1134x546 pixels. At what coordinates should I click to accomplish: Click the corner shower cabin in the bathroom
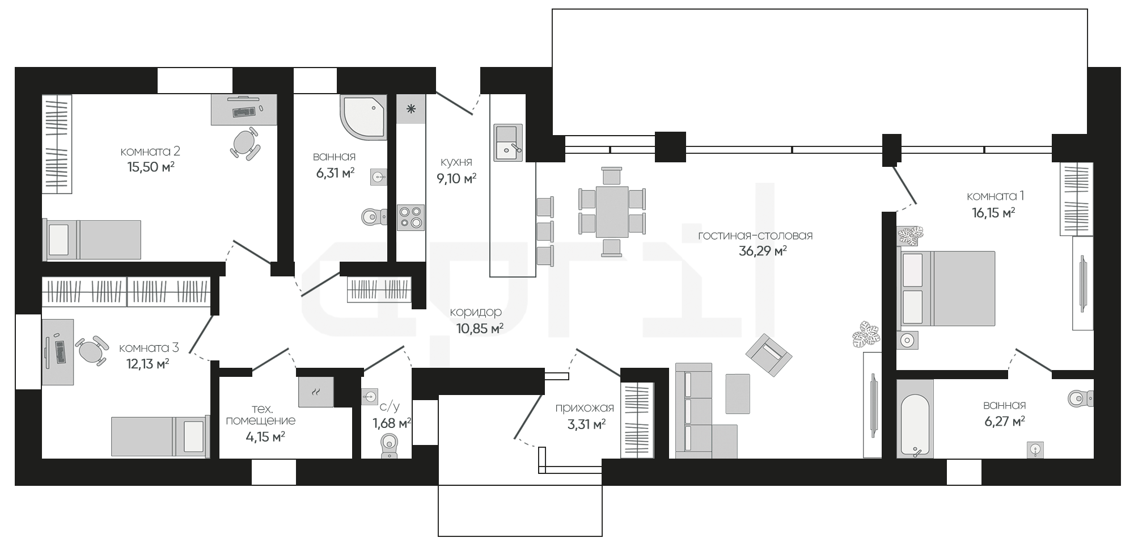(363, 117)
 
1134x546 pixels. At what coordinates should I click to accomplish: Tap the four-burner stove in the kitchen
(411, 217)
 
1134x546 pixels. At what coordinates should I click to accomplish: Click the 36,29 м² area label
(763, 250)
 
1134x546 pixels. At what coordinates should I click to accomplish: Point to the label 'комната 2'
(150, 152)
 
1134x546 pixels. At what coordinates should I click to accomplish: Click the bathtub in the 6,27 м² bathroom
(915, 419)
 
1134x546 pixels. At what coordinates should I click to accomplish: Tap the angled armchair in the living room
(769, 355)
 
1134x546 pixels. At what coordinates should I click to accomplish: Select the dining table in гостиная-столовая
(612, 212)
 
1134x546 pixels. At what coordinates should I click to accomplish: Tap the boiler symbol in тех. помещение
(316, 392)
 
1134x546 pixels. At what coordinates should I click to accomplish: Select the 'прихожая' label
(585, 408)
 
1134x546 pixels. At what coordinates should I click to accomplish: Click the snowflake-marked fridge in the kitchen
(411, 108)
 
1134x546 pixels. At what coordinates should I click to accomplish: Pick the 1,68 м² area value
(391, 423)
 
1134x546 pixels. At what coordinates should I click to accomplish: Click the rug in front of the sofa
(738, 393)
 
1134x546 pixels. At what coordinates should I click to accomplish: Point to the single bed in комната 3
(160, 436)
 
